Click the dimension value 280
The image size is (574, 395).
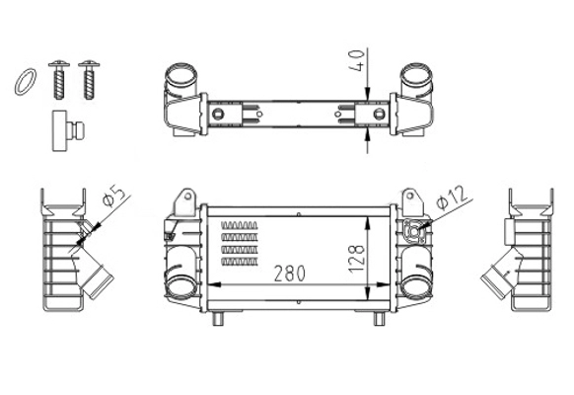click(x=290, y=274)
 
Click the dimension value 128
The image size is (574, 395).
click(x=357, y=259)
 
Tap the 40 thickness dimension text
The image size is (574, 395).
click(x=357, y=60)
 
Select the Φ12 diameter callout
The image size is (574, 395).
click(x=453, y=197)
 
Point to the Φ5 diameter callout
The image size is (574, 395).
click(x=113, y=197)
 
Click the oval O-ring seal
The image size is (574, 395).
click(x=26, y=82)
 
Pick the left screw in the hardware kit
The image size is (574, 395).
click(x=59, y=80)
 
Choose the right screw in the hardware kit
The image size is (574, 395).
click(x=89, y=80)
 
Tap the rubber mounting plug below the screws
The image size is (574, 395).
click(x=68, y=130)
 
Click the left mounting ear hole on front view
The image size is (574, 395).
click(x=187, y=197)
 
